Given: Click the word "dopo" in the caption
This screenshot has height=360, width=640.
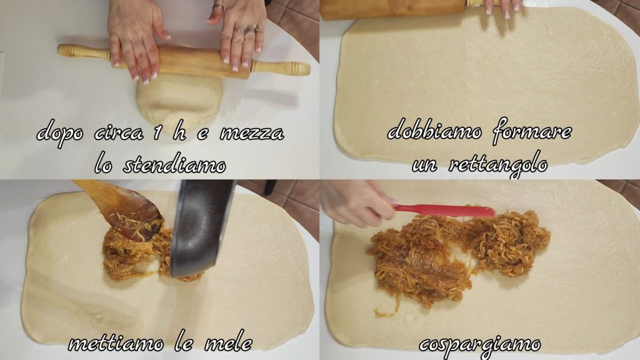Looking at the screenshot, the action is [x=61, y=134].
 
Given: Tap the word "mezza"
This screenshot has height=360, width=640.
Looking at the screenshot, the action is [x=252, y=134].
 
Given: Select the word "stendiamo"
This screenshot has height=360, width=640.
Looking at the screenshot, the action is [x=174, y=164].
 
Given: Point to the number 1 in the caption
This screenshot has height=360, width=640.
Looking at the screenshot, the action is [x=157, y=133].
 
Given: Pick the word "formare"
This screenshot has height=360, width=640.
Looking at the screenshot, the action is [x=532, y=131].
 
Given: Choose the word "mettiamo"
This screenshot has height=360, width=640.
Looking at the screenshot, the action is [x=116, y=344].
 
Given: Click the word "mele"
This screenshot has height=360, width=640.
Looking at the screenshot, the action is [x=227, y=342].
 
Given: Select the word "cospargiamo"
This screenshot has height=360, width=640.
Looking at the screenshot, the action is [x=480, y=345].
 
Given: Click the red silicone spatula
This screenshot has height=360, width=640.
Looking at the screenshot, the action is [x=443, y=211].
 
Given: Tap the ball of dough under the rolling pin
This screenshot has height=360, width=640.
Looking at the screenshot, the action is [x=179, y=99].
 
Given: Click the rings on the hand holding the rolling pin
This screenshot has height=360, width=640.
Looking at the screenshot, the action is [x=246, y=29].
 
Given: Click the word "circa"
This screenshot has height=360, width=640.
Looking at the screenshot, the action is [x=119, y=134].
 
